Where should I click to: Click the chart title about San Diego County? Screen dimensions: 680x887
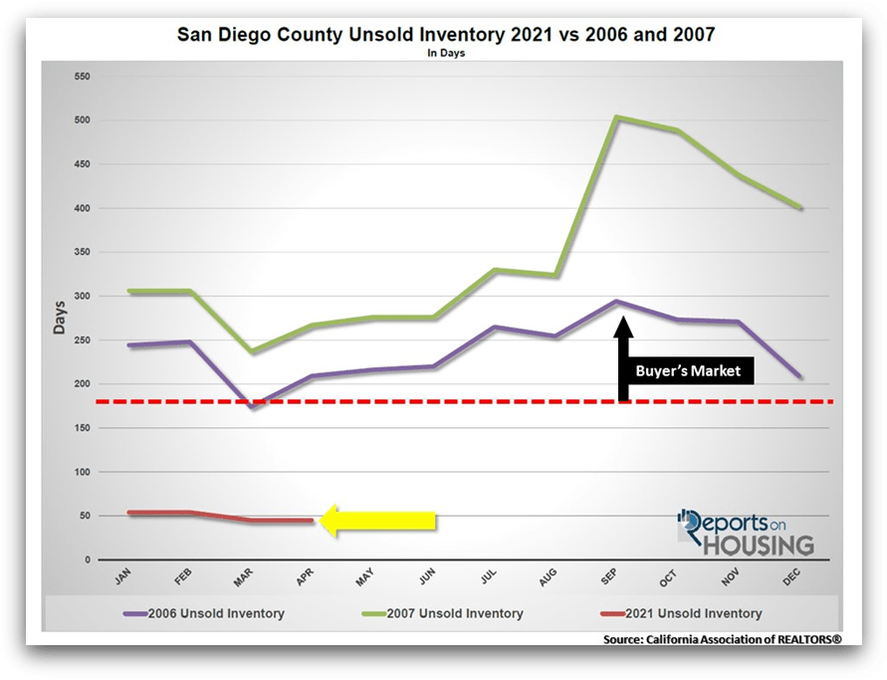point(446,35)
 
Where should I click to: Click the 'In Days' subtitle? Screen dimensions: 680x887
point(446,54)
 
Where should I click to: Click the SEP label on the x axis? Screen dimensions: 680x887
point(611,577)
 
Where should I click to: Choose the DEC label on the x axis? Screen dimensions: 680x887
point(794,577)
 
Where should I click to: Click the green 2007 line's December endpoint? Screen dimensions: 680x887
point(801,208)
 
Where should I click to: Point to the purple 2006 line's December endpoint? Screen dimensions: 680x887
point(801,376)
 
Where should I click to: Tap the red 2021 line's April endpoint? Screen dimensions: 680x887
point(312,521)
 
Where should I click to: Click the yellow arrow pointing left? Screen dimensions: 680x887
point(378,521)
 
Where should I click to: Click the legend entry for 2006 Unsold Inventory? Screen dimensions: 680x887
point(212,613)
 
